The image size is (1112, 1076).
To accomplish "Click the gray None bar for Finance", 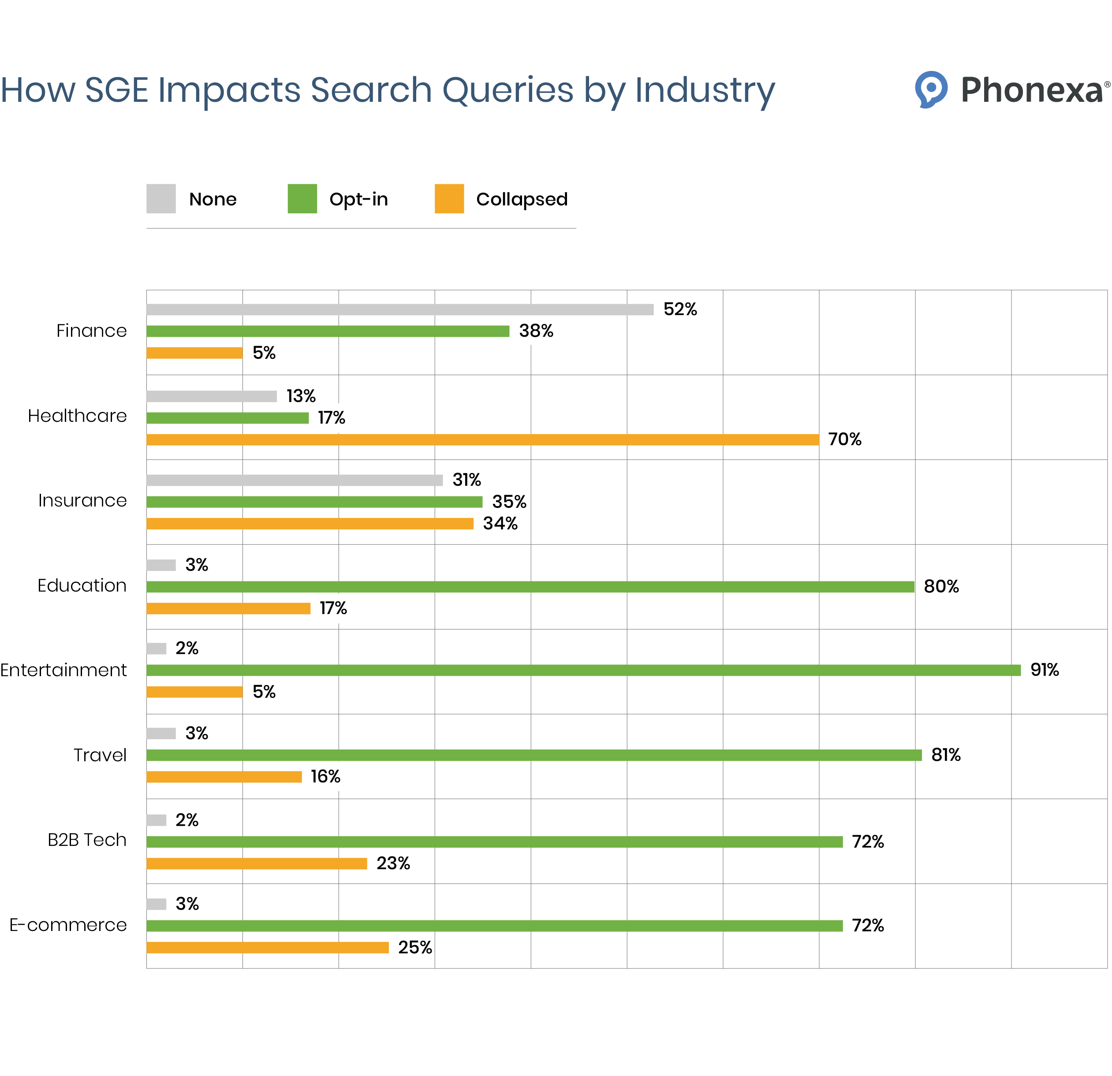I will pyautogui.click(x=399, y=309).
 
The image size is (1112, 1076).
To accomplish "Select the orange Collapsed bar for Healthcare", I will pyautogui.click(x=482, y=439).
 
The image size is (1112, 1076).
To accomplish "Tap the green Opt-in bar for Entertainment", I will pyautogui.click(x=583, y=670).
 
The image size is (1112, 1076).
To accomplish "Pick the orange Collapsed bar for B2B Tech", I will pyautogui.click(x=257, y=863).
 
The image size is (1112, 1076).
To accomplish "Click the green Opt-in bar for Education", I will pyautogui.click(x=530, y=587).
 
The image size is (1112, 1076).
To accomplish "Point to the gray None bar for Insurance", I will pyautogui.click(x=295, y=480).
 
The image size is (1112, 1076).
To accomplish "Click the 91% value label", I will pyautogui.click(x=1045, y=670).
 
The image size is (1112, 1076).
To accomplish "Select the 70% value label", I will pyautogui.click(x=844, y=439).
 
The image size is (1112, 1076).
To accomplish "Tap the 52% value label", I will pyautogui.click(x=680, y=309).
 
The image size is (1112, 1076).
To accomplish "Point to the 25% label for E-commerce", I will pyautogui.click(x=415, y=947).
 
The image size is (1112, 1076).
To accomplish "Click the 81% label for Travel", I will pyautogui.click(x=946, y=755).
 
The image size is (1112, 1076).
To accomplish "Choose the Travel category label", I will pyautogui.click(x=100, y=755).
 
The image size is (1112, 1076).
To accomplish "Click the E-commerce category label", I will pyautogui.click(x=68, y=925).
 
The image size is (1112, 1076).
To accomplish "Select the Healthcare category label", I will pyautogui.click(x=77, y=416).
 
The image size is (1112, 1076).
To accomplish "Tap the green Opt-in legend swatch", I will pyautogui.click(x=302, y=198).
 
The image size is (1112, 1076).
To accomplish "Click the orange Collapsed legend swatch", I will pyautogui.click(x=449, y=198).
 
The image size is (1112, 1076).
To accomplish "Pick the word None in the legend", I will pyautogui.click(x=213, y=199).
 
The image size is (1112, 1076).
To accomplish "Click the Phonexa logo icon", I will pyautogui.click(x=930, y=89).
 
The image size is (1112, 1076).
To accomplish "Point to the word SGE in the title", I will pyautogui.click(x=116, y=90).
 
